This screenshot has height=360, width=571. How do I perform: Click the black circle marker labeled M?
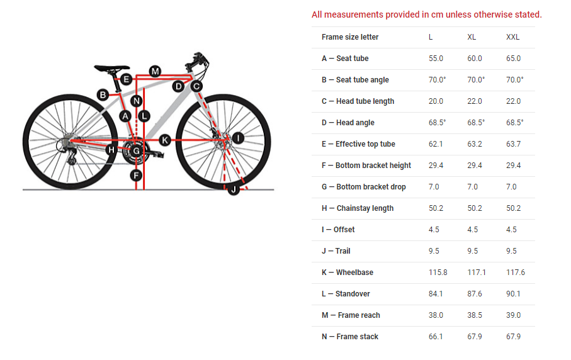pyautogui.click(x=155, y=70)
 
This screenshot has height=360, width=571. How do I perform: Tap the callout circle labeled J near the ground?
pyautogui.click(x=234, y=189)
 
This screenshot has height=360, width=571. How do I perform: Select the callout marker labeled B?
pyautogui.click(x=103, y=95)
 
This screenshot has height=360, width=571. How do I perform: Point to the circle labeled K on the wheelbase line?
pyautogui.click(x=165, y=140)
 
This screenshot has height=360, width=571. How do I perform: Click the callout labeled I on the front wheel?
pyautogui.click(x=237, y=138)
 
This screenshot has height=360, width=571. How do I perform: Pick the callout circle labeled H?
pyautogui.click(x=111, y=149)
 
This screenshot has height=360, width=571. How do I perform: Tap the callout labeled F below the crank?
pyautogui.click(x=136, y=175)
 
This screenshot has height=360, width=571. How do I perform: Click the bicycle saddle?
pyautogui.click(x=112, y=67)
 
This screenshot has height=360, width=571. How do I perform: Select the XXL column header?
pyautogui.click(x=513, y=37)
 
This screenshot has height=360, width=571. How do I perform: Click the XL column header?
pyautogui.click(x=472, y=37)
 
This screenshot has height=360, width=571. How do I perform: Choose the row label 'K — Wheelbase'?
pyautogui.click(x=348, y=273)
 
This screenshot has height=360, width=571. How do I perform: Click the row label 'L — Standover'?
pyautogui.click(x=346, y=294)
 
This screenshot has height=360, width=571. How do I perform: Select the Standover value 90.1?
pyautogui.click(x=514, y=294)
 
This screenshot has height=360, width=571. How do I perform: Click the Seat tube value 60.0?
pyautogui.click(x=475, y=59)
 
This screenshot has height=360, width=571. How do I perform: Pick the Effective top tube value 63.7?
pyautogui.click(x=514, y=144)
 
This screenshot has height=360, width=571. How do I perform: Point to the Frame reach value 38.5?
pyautogui.click(x=475, y=315)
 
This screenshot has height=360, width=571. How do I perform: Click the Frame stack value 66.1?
pyautogui.click(x=436, y=337)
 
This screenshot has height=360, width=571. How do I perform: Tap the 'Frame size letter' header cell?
pyautogui.click(x=350, y=37)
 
